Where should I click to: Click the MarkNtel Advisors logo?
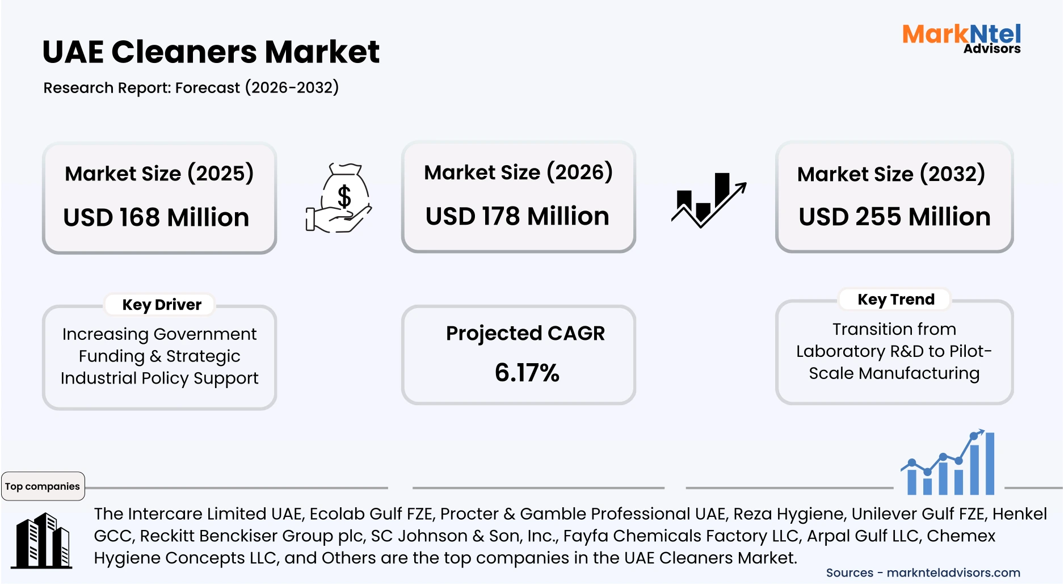click(x=961, y=39)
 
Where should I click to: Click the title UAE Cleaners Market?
click(x=211, y=52)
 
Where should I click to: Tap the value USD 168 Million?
click(x=156, y=217)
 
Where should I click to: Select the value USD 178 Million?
click(x=517, y=216)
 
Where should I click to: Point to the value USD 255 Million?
click(x=894, y=217)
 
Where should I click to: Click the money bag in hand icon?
click(x=339, y=198)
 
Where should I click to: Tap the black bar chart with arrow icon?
click(x=709, y=200)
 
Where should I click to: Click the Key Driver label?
click(x=162, y=305)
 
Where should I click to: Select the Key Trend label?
click(x=895, y=299)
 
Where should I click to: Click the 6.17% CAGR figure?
click(x=527, y=373)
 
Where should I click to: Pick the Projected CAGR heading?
click(x=525, y=333)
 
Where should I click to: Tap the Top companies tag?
click(x=43, y=486)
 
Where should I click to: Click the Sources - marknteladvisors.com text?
click(x=923, y=573)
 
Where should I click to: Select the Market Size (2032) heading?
click(x=891, y=174)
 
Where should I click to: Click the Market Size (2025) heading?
click(x=159, y=173)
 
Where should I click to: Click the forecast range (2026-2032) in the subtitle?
click(x=292, y=87)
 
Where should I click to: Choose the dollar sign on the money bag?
click(x=344, y=196)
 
